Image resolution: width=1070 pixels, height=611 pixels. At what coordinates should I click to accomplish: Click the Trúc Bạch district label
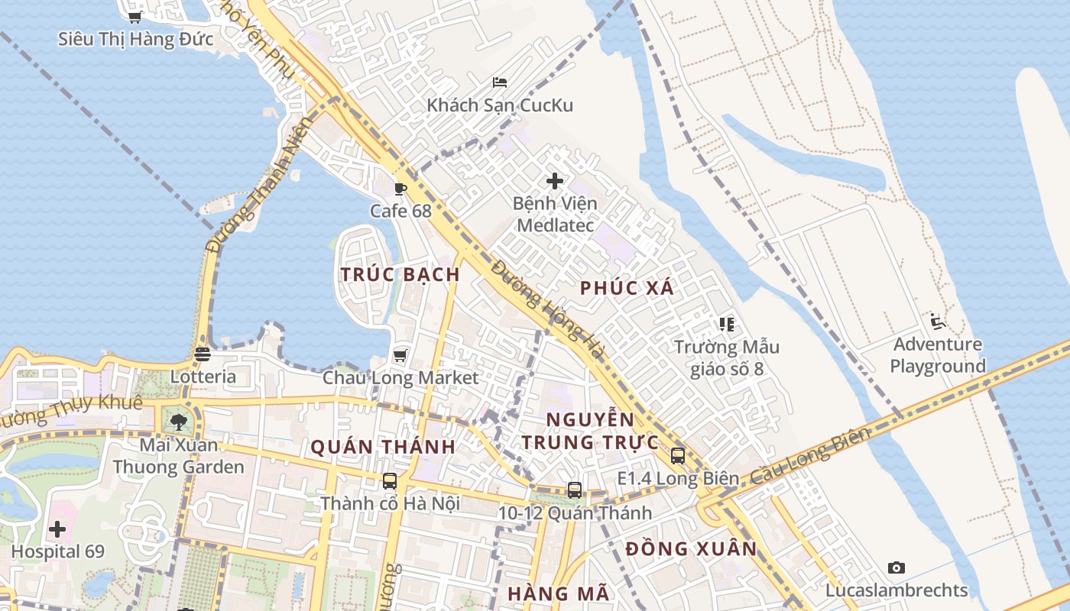click(400, 274)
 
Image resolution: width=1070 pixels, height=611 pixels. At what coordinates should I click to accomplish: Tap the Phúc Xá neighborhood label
click(627, 288)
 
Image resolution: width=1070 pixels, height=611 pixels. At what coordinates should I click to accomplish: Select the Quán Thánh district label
click(383, 447)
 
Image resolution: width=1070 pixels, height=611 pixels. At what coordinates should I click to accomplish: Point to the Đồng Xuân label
click(691, 548)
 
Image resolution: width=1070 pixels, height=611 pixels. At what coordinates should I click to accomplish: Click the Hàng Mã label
click(559, 593)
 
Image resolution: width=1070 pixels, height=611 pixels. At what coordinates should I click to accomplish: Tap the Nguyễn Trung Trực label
click(590, 431)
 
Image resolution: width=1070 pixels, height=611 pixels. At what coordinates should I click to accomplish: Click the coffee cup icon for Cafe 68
click(400, 189)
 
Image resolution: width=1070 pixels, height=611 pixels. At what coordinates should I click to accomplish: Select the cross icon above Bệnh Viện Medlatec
click(555, 181)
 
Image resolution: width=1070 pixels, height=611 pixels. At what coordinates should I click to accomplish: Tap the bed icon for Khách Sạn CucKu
click(500, 82)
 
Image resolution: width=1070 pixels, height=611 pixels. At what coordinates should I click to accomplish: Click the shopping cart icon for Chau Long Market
click(400, 355)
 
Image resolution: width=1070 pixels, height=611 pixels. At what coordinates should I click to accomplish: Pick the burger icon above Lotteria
click(203, 354)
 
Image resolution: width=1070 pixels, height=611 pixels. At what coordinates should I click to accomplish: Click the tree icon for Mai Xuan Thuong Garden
click(179, 422)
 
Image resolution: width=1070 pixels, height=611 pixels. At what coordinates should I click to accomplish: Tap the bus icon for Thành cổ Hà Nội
click(390, 481)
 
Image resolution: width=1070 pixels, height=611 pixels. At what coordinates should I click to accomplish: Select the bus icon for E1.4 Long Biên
click(677, 456)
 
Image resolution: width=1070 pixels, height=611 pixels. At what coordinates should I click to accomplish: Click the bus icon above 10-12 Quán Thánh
click(575, 490)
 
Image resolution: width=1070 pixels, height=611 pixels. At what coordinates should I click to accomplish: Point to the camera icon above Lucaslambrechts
click(897, 567)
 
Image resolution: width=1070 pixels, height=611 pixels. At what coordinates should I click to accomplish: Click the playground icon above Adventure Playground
click(938, 321)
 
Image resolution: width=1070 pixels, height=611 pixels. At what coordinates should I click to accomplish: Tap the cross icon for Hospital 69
click(57, 529)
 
